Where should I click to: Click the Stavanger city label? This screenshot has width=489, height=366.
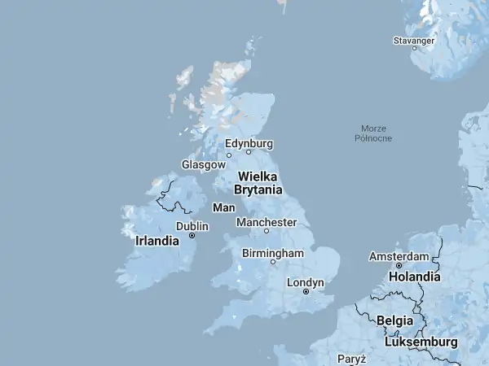tap(415, 39)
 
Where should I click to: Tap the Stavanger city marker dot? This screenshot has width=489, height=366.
tap(414, 48)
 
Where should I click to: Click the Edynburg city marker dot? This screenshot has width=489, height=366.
tap(249, 152)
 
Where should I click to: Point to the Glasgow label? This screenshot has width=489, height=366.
tap(203, 164)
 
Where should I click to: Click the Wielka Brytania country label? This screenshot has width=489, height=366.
tap(258, 183)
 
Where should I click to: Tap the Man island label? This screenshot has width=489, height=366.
tap(223, 208)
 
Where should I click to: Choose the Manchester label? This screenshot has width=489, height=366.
tap(267, 222)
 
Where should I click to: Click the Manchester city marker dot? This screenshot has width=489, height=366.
tap(266, 231)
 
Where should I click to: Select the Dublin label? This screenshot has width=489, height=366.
tap(192, 226)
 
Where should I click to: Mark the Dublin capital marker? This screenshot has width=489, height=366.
tap(192, 236)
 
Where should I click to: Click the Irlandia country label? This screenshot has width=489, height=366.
tap(157, 242)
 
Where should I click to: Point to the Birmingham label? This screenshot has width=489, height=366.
tap(273, 253)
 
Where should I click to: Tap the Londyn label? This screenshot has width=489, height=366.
tap(306, 282)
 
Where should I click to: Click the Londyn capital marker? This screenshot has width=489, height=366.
tap(306, 291)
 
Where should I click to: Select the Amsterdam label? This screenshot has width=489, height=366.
tap(399, 256)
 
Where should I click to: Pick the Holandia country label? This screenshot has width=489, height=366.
tap(414, 277)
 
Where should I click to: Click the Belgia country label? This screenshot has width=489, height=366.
tap(394, 320)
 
